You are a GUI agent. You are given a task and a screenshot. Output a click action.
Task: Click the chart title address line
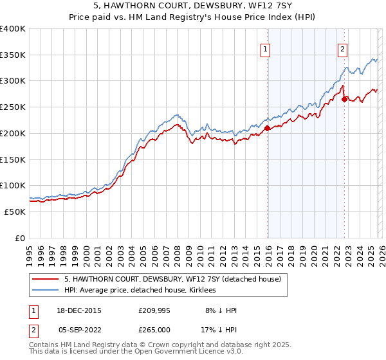(x=193, y=6)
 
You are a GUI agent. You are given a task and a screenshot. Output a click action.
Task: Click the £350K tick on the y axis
(x=13, y=55)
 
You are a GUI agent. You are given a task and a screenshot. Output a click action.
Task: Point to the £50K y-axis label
(x=15, y=212)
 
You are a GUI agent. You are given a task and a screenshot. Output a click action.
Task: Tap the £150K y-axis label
(x=13, y=159)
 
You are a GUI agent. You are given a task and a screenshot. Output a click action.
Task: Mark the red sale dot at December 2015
(x=267, y=129)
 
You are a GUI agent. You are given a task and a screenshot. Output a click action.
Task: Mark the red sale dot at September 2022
(x=345, y=99)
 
